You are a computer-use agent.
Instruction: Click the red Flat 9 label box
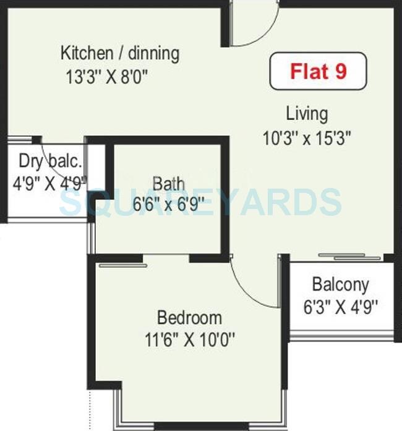[x=318, y=72]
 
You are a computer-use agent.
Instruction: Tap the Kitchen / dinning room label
[x=120, y=53]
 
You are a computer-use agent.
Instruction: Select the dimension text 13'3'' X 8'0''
[x=107, y=77]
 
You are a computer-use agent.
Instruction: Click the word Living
[x=307, y=114]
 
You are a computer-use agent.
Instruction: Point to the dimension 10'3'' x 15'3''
[x=307, y=138]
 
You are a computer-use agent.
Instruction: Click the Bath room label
[x=168, y=184]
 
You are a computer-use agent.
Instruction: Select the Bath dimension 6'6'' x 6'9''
[x=168, y=205]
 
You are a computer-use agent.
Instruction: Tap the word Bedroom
[x=189, y=318]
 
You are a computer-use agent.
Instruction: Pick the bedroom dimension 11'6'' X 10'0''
[x=189, y=339]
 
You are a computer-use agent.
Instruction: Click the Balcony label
[x=340, y=284]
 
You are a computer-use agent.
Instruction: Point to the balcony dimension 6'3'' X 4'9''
[x=340, y=305]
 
